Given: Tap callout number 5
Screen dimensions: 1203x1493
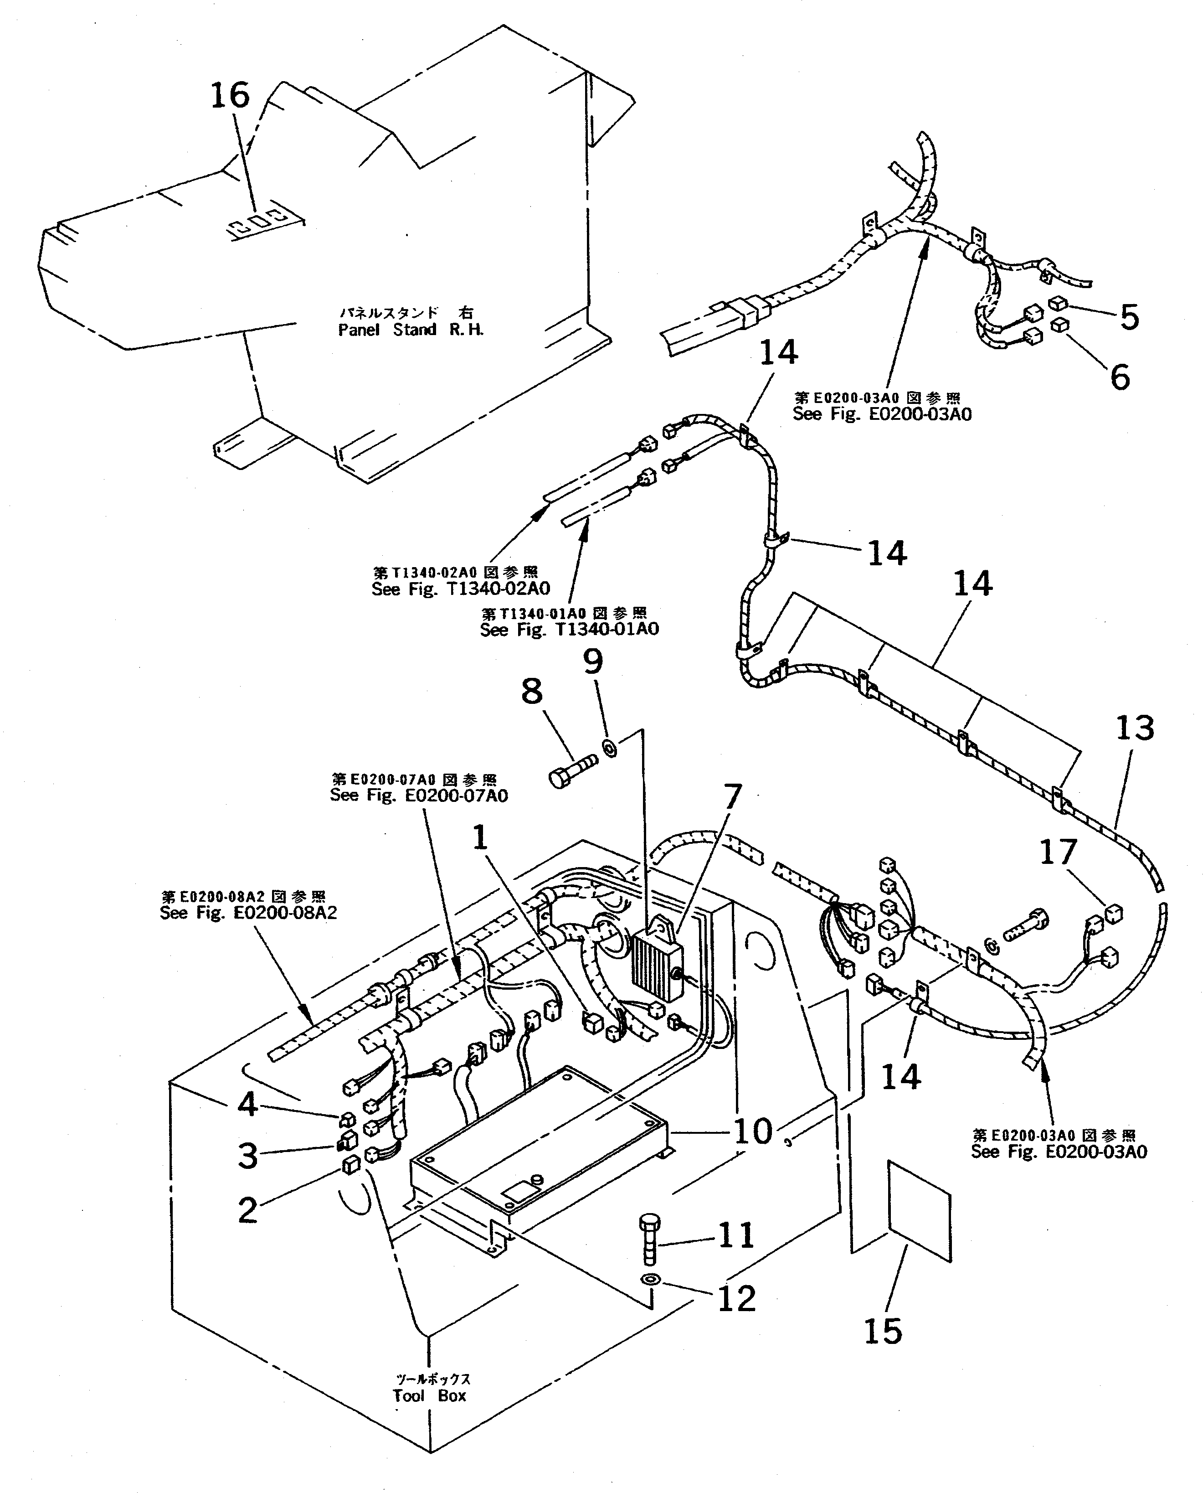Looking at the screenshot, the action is [1130, 317].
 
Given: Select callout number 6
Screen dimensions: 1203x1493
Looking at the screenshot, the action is [1120, 377].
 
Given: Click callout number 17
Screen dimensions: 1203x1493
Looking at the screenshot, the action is [1058, 852].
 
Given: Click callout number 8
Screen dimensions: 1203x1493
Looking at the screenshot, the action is [532, 691].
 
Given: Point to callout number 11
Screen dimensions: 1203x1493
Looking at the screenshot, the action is [735, 1235].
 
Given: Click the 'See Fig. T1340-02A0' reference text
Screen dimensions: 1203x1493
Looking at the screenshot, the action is [461, 589].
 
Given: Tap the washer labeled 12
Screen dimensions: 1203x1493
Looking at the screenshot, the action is [651, 1279].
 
